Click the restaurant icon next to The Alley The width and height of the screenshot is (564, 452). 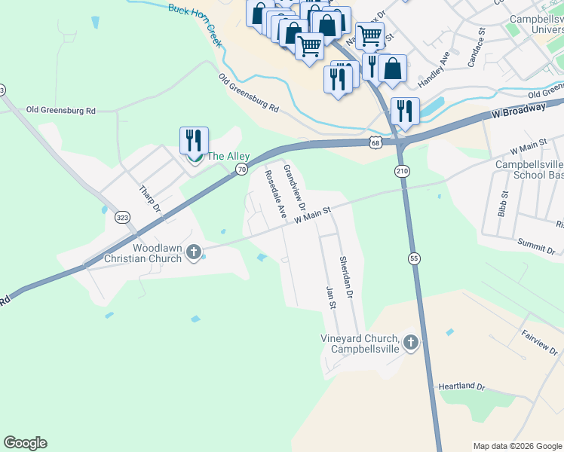point(194,141)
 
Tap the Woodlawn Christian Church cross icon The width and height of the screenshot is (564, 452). point(194,252)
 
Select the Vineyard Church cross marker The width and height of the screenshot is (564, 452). point(411,344)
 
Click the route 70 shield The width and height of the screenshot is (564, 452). point(241,169)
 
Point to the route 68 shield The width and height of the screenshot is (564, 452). point(375,142)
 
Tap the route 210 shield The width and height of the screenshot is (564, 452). point(402,172)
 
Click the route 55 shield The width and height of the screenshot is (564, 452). point(413,258)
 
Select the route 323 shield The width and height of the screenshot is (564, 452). point(122,217)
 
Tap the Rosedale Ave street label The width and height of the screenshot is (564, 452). point(274,194)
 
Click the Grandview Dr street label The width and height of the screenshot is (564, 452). point(294,186)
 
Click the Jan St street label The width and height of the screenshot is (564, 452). point(329,297)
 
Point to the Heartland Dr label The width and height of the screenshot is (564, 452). point(461,386)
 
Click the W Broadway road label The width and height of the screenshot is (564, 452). point(518,111)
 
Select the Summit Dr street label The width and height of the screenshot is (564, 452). point(537,246)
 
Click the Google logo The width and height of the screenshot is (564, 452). point(25,443)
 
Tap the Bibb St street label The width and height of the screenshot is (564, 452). point(503,203)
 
